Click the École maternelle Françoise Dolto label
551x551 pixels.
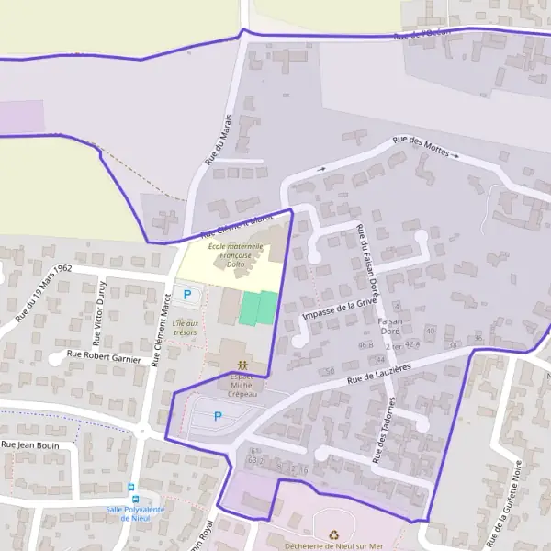235,255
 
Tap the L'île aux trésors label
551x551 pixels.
185,327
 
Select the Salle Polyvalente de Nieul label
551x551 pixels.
134,512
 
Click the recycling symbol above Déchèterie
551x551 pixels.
333,533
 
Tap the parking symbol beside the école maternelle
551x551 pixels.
188,295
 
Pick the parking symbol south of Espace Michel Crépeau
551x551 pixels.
218,416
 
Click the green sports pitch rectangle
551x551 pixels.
258,308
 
